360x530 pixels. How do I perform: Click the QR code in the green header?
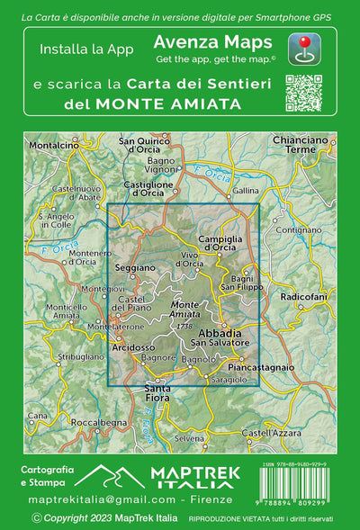(303, 92)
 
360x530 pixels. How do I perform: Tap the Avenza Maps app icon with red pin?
(305, 48)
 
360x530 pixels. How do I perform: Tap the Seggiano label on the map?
(132, 269)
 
